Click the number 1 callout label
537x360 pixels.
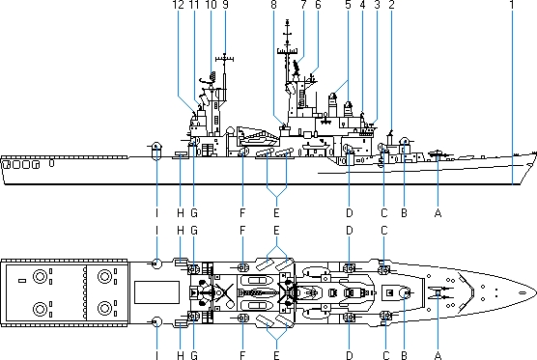[512, 5]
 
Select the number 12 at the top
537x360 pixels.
[178, 5]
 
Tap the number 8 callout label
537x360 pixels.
[273, 5]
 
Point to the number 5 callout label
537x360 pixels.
[348, 5]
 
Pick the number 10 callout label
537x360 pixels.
[211, 5]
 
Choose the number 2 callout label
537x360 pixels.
[391, 5]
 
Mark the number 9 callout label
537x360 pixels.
[225, 5]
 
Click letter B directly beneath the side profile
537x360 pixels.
[404, 213]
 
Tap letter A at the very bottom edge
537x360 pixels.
[438, 355]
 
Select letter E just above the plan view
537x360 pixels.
[276, 231]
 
